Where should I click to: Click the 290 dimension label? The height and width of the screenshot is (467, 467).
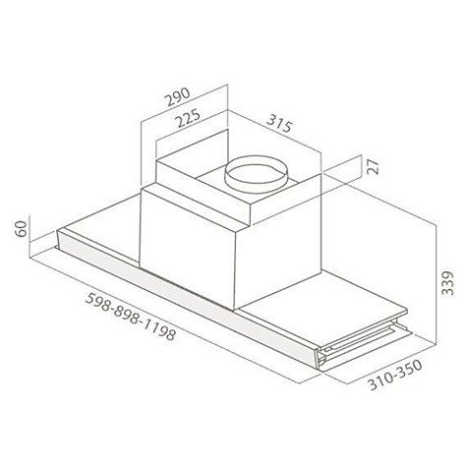[x=177, y=97]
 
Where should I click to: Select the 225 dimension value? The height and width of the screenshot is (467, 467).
[x=189, y=119]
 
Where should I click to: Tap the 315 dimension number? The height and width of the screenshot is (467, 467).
[x=279, y=123]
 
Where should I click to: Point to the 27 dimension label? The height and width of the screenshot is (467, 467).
[x=373, y=166]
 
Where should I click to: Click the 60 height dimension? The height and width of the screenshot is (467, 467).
[x=21, y=229]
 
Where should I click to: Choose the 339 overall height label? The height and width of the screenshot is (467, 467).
[x=447, y=283]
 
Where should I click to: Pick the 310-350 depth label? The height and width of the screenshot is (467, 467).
[x=394, y=375]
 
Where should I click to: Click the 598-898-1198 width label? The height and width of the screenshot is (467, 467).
[x=131, y=317]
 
